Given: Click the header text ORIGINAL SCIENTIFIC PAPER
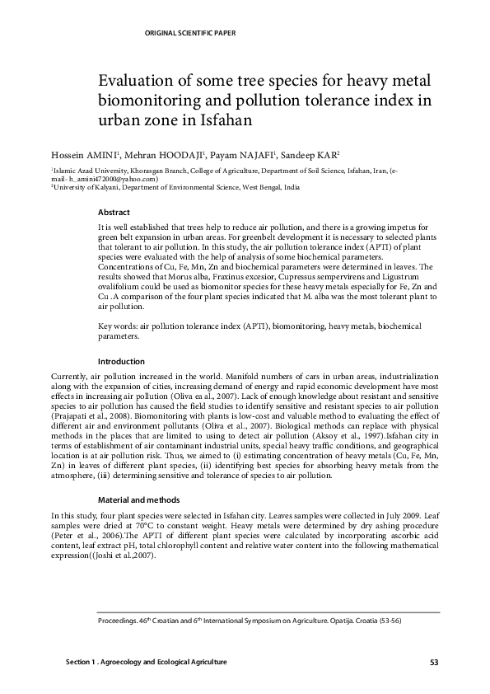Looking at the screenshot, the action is click(189, 33).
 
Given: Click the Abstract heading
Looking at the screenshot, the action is click(114, 212).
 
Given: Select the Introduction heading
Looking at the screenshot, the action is click(121, 361).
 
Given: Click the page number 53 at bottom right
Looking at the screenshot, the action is click(434, 663).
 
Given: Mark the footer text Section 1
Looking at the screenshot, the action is click(81, 663).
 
